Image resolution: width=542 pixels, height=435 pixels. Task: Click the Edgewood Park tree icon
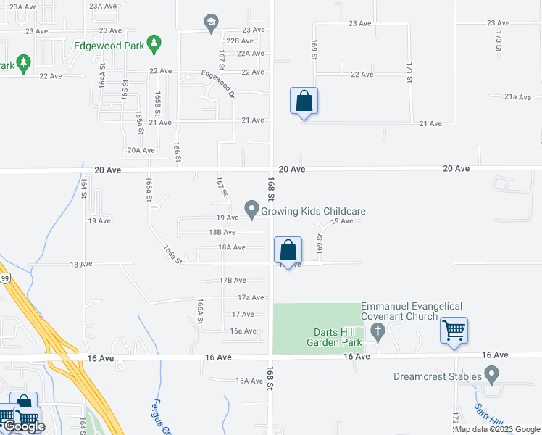point(154,45)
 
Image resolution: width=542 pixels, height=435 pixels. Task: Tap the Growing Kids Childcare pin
point(252,210)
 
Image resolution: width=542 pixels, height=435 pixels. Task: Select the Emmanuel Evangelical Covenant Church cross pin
point(376,332)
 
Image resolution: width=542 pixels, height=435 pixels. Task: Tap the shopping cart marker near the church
point(454,331)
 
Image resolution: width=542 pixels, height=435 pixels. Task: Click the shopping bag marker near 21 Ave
point(304,101)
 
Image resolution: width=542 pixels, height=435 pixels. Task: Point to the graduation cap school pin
point(211,23)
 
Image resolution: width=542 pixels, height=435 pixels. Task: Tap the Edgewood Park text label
point(109,44)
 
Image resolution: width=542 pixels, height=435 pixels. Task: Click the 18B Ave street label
point(222,232)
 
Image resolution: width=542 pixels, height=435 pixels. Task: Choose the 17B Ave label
point(233,280)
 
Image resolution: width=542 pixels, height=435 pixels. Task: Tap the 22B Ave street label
point(239,41)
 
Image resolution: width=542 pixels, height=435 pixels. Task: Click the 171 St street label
point(409,71)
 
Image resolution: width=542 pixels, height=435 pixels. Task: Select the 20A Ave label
point(141,150)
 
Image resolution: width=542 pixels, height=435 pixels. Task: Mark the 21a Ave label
point(519,96)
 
